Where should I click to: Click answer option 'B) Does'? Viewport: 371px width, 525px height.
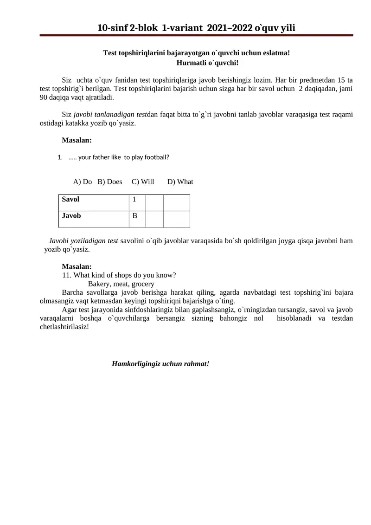pos(110,181)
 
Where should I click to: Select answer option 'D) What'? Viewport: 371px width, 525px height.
pos(180,181)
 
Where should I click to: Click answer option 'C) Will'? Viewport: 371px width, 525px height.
pos(143,181)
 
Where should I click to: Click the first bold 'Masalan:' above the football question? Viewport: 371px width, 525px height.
pos(77,140)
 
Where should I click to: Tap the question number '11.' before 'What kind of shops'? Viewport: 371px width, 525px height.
pos(67,275)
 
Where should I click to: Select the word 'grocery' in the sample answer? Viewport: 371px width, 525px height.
pos(143,284)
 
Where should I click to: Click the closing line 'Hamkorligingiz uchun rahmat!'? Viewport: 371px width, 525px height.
pos(160,364)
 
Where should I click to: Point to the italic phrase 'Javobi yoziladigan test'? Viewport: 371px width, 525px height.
pos(83,241)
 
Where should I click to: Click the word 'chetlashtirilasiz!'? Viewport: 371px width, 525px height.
pos(64,327)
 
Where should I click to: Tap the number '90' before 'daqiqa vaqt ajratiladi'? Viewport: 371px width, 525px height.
pos(44,98)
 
